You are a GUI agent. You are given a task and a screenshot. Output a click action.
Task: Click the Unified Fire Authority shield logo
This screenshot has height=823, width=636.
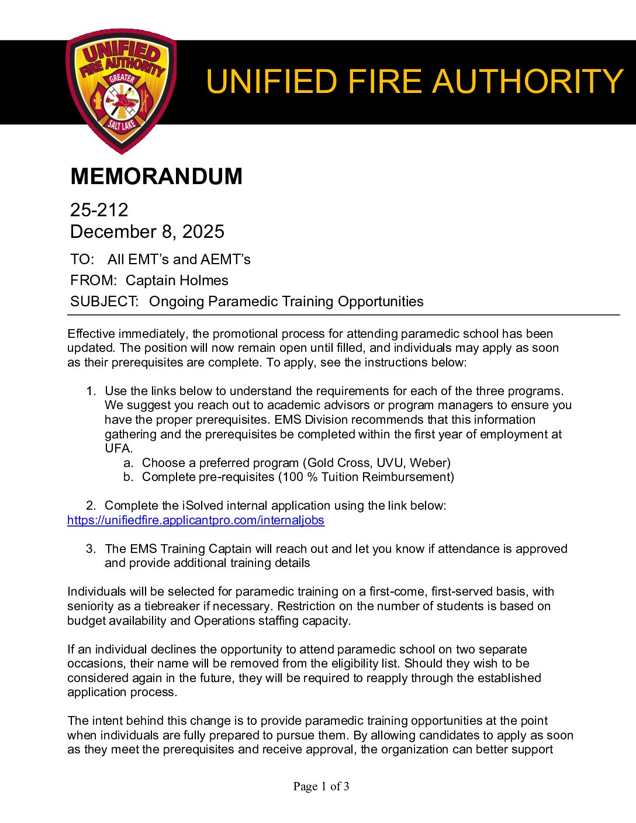[121, 91]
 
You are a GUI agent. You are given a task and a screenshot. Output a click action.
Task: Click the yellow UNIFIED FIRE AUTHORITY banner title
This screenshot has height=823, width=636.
[414, 81]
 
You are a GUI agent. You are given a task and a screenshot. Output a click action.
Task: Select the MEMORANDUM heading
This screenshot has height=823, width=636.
[156, 177]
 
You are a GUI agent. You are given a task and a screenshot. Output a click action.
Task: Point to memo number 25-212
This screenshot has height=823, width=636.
[99, 210]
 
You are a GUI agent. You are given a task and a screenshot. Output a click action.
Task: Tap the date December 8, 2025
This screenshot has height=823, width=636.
[147, 231]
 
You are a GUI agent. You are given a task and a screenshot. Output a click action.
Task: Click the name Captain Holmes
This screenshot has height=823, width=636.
[177, 281]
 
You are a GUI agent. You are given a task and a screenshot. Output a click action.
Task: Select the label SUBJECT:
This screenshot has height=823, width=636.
[104, 302]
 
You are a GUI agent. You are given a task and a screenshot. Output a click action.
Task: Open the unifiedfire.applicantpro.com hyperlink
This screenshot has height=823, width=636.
[195, 520]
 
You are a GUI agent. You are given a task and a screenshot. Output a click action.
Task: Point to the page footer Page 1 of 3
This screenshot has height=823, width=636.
[321, 786]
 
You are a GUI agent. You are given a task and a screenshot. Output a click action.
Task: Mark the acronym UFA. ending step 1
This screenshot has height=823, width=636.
[119, 448]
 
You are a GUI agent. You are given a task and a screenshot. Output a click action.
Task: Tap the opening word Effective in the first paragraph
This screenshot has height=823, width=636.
[91, 334]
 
